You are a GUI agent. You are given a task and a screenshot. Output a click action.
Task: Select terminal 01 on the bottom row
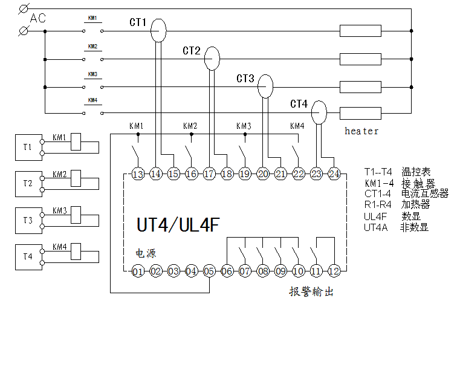(138, 271)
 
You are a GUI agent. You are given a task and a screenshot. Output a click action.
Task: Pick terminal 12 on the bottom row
(334, 271)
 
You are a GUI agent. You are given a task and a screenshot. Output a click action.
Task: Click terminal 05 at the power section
(209, 271)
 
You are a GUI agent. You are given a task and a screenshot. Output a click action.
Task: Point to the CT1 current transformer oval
(158, 30)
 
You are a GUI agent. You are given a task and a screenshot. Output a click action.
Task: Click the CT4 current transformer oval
(319, 112)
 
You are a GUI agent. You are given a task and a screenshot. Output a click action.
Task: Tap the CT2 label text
(192, 51)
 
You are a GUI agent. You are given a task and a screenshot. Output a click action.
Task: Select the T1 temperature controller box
(28, 147)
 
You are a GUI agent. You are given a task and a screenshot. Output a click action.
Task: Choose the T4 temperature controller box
(28, 256)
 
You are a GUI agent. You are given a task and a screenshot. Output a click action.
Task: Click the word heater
(361, 131)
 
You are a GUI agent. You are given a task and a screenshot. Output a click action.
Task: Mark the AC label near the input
(38, 19)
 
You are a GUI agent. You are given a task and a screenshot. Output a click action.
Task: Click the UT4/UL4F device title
(178, 226)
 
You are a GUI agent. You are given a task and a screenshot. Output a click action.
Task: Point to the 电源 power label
(144, 253)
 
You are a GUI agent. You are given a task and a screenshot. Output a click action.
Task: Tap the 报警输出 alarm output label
(311, 291)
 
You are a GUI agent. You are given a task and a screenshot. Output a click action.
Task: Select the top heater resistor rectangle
(360, 30)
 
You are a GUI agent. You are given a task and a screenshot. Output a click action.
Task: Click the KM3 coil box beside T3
(76, 215)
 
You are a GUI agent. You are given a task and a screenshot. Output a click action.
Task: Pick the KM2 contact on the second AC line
(92, 59)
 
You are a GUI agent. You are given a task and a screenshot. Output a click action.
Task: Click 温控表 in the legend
(415, 172)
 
